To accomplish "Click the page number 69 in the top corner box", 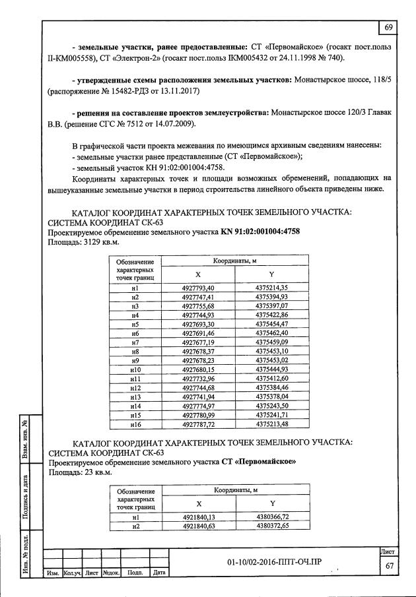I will click(x=388, y=26).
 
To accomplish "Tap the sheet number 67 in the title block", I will click(x=390, y=566).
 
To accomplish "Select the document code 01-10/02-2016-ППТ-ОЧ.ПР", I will click(x=273, y=561).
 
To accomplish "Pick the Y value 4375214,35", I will click(x=271, y=288).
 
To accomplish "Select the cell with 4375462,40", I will click(x=271, y=334).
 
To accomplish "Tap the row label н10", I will click(x=134, y=371).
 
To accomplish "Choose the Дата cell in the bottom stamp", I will click(x=158, y=573).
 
